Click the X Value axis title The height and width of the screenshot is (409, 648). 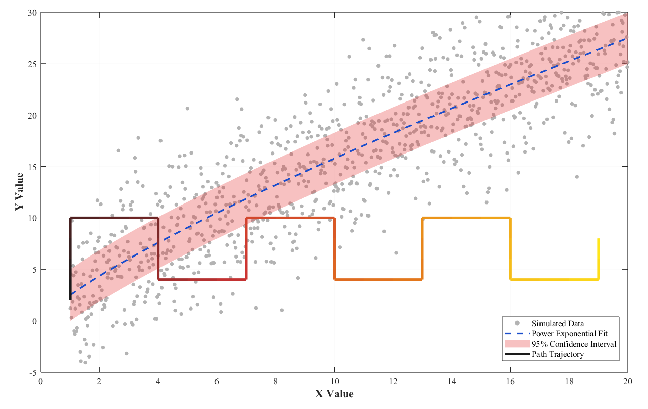(x=335, y=394)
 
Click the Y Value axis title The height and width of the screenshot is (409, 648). (x=19, y=191)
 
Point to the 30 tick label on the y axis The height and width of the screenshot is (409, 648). (x=32, y=13)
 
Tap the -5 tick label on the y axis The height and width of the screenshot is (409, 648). (x=33, y=373)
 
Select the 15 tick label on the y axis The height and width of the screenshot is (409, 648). (x=32, y=167)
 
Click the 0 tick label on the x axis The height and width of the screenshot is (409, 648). (x=41, y=382)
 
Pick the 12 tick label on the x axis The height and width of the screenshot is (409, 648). (x=393, y=382)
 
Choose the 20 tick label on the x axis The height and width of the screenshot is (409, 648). (x=628, y=382)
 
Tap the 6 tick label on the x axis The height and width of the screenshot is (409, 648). (x=217, y=382)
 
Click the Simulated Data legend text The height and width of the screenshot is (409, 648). (x=558, y=323)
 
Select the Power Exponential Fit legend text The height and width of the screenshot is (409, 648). (x=570, y=334)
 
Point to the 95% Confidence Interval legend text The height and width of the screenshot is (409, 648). (x=574, y=344)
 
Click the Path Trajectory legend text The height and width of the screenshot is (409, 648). (x=558, y=354)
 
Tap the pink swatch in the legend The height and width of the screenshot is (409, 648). (x=517, y=344)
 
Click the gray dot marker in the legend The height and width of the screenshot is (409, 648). (x=517, y=323)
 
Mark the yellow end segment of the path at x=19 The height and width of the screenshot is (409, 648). (x=598, y=259)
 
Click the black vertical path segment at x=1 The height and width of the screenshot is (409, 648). (x=70, y=259)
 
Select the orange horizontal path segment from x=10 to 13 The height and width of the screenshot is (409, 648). (x=379, y=279)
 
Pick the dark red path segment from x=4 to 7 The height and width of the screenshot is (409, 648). (x=202, y=279)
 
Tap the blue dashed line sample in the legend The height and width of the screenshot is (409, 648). (x=517, y=333)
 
